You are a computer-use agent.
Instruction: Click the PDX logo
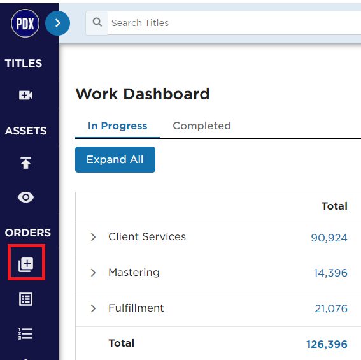pyautogui.click(x=25, y=24)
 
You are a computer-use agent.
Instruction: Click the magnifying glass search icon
pyautogui.click(x=97, y=22)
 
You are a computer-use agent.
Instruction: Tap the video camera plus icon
pyautogui.click(x=25, y=95)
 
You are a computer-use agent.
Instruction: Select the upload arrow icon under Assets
pyautogui.click(x=25, y=162)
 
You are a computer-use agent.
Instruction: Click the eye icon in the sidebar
pyautogui.click(x=25, y=198)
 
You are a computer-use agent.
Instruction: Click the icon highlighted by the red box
pyautogui.click(x=25, y=264)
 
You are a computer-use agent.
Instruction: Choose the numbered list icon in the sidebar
pyautogui.click(x=25, y=333)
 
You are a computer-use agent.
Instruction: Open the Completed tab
pyautogui.click(x=202, y=126)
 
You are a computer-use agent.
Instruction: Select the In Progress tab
pyautogui.click(x=117, y=126)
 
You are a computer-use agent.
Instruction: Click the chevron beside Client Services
pyautogui.click(x=93, y=237)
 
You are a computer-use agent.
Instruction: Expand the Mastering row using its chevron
pyautogui.click(x=93, y=273)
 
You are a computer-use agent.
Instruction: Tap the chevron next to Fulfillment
pyautogui.click(x=93, y=308)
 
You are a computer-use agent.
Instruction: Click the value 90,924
pyautogui.click(x=329, y=238)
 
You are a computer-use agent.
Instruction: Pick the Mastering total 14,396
pyautogui.click(x=330, y=273)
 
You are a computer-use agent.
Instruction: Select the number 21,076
pyautogui.click(x=331, y=308)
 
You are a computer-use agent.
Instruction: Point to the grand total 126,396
pyautogui.click(x=327, y=344)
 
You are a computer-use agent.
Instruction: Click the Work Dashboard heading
pyautogui.click(x=143, y=94)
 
